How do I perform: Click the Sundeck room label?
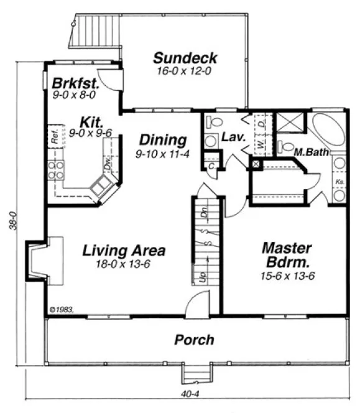pyautogui.click(x=185, y=58)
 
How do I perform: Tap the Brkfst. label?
pyautogui.click(x=69, y=83)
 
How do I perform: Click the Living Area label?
pyautogui.click(x=124, y=251)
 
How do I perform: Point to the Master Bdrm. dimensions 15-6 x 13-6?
pyautogui.click(x=287, y=274)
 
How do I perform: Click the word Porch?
pyautogui.click(x=194, y=340)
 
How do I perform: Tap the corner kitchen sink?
pyautogui.click(x=102, y=185)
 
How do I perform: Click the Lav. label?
pyautogui.click(x=231, y=136)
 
